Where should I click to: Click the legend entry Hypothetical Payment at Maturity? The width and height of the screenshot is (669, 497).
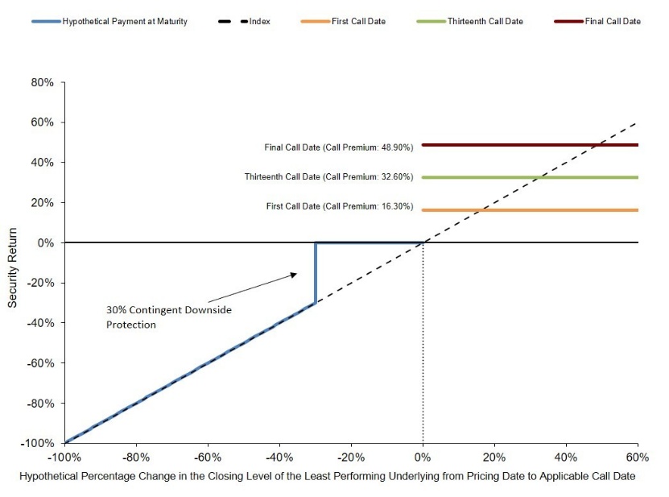[109, 22]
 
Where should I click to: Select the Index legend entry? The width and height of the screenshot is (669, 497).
[244, 22]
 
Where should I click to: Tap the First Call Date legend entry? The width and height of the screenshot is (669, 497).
[343, 22]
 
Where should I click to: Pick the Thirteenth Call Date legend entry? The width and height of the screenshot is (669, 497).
[470, 22]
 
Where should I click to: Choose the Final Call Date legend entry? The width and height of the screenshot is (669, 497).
[597, 22]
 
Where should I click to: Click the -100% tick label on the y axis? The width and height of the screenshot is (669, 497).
[38, 443]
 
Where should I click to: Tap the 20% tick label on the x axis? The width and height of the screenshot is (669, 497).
[494, 458]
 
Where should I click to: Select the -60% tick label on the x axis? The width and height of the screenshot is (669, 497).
[208, 458]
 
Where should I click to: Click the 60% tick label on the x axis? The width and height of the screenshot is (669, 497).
[638, 458]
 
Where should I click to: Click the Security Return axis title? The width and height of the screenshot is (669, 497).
[12, 267]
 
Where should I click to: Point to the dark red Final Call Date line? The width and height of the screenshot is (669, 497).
[530, 145]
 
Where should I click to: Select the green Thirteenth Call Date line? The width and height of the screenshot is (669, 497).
[530, 177]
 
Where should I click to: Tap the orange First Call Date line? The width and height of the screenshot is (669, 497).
[530, 210]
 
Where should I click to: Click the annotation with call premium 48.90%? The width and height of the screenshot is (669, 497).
[339, 147]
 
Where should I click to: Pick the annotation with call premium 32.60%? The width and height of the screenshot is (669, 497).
[329, 176]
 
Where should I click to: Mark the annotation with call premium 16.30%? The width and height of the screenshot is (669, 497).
[340, 206]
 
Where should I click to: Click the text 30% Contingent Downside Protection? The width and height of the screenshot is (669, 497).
[169, 317]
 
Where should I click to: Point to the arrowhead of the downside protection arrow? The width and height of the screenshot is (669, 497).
[294, 275]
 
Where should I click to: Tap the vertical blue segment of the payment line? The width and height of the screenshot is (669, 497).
[316, 273]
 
